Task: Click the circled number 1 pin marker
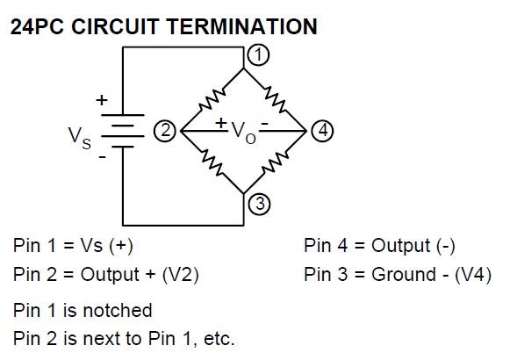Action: coord(259,55)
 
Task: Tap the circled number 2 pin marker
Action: coord(164,131)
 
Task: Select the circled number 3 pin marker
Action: coord(259,205)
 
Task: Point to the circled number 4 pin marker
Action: coord(322,131)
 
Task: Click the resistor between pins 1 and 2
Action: coord(212,99)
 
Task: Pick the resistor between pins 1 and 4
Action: coord(275,99)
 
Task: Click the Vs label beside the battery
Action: coord(80,138)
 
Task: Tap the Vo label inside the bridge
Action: coord(244,133)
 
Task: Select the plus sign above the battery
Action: coord(102,100)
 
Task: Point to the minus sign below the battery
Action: coord(103,158)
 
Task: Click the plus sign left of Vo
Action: coord(221,123)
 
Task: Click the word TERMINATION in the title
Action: coord(242,26)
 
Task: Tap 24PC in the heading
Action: coord(37,26)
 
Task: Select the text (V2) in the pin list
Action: coord(180,275)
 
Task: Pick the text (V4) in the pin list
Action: coord(472,275)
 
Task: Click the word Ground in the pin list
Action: coord(404,274)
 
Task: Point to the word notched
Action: coord(118,310)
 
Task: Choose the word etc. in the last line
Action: coord(219,339)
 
